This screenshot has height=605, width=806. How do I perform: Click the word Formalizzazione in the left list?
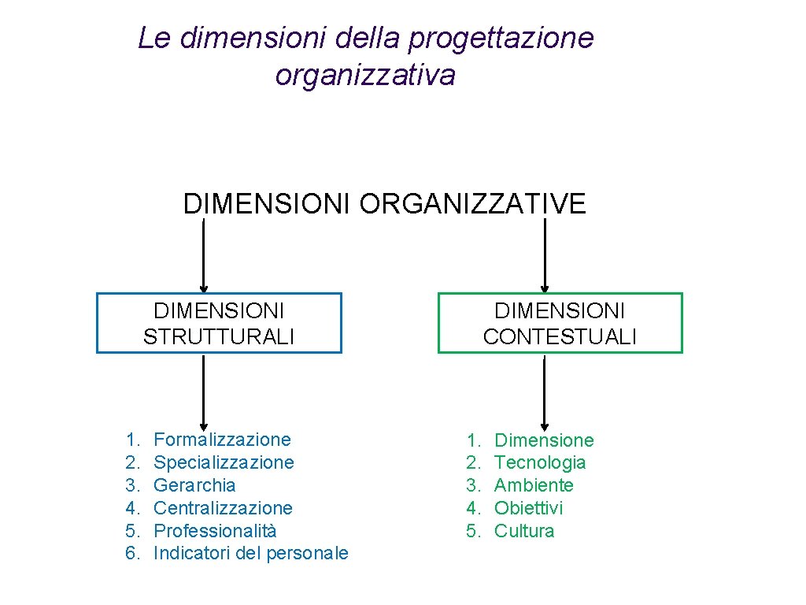(x=222, y=440)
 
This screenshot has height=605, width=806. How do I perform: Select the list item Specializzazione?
(x=224, y=462)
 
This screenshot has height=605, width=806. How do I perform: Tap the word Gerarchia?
(x=194, y=485)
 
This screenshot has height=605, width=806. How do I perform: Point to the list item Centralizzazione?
(x=223, y=508)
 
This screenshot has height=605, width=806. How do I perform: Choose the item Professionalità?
(x=215, y=531)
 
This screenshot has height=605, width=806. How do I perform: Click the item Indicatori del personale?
(x=250, y=554)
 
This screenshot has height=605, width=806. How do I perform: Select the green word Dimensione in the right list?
(x=544, y=440)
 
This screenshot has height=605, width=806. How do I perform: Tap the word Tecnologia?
(x=540, y=462)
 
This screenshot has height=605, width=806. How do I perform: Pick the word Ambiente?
(x=534, y=485)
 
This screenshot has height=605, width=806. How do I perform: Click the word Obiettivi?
(x=528, y=508)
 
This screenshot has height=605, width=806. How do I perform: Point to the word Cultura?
(x=524, y=531)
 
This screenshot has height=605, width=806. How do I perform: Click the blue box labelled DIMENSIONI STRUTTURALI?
(x=219, y=323)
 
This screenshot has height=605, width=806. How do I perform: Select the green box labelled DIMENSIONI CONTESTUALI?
(x=560, y=323)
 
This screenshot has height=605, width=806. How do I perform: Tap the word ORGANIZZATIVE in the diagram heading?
(x=473, y=204)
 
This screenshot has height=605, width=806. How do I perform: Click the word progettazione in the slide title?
(x=501, y=38)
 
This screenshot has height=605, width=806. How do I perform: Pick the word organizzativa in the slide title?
(x=365, y=76)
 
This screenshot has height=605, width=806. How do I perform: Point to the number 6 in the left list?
(x=131, y=554)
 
